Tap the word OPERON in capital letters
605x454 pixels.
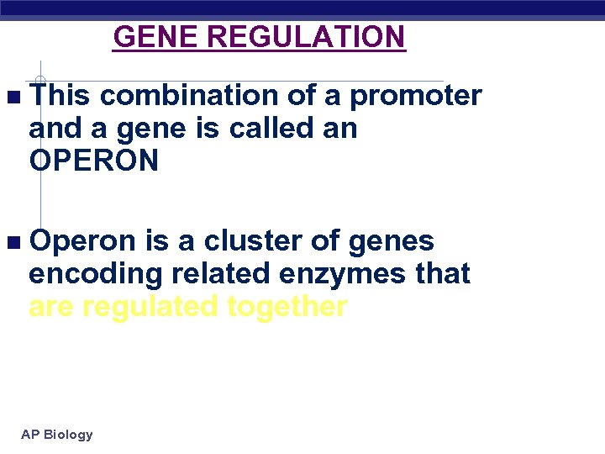pyautogui.click(x=93, y=161)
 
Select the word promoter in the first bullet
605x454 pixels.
pyautogui.click(x=415, y=97)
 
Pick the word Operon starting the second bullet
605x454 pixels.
pyautogui.click(x=82, y=241)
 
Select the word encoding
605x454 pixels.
pyautogui.click(x=86, y=274)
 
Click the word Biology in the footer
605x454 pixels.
pyautogui.click(x=68, y=435)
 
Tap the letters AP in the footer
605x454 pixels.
pyautogui.click(x=30, y=435)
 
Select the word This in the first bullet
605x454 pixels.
pyautogui.click(x=59, y=96)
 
